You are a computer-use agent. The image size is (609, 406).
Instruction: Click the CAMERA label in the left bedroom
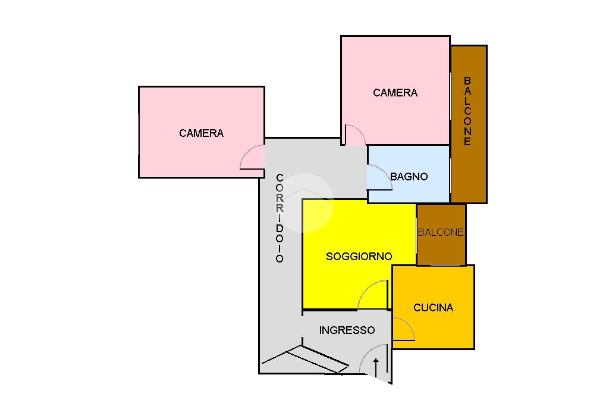[201, 133]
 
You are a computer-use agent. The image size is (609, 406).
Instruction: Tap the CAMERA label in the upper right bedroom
[395, 93]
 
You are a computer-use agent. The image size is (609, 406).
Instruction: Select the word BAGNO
[409, 177]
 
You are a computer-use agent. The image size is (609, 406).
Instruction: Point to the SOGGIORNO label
[359, 257]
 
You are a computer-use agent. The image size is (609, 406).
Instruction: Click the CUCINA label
[433, 308]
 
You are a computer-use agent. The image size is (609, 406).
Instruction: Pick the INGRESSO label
[347, 330]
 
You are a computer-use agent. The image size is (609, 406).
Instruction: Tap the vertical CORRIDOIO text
[280, 218]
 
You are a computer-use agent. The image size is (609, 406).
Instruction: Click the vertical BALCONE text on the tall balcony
[467, 111]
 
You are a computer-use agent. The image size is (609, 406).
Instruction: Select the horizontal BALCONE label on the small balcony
[441, 233]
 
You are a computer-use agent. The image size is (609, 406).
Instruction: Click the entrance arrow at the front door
[376, 367]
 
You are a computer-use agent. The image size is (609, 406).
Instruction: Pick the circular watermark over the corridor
[305, 203]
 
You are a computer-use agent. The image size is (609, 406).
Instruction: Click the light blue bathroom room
[409, 174]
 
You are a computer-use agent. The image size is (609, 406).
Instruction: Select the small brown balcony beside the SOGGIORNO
[441, 235]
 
